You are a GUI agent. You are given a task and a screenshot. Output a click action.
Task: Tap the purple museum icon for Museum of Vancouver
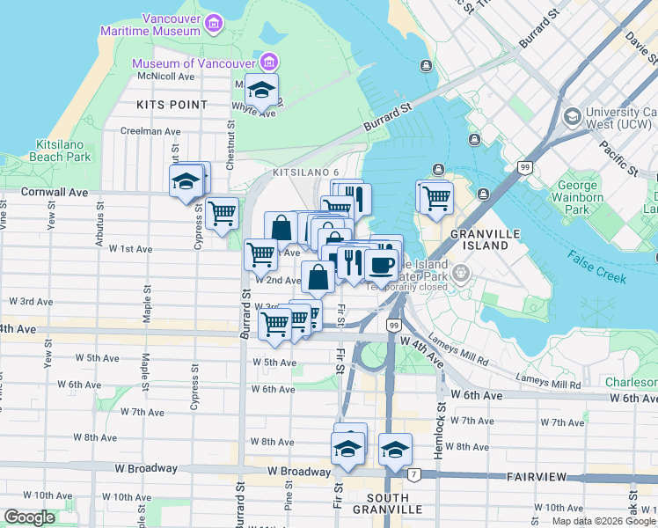click(268, 62)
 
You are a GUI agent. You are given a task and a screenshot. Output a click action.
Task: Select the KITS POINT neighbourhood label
click(172, 105)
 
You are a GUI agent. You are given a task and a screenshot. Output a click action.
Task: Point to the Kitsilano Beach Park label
click(62, 150)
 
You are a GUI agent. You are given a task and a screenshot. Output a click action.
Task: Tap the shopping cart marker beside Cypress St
click(223, 212)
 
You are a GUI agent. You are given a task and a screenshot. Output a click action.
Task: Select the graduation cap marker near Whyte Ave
click(261, 90)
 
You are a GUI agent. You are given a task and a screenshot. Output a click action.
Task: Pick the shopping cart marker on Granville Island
click(435, 197)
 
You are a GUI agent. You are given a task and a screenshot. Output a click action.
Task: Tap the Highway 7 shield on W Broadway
click(413, 475)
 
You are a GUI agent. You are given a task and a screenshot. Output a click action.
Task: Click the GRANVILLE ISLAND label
click(486, 239)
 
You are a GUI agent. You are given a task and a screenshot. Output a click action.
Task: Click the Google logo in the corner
click(29, 517)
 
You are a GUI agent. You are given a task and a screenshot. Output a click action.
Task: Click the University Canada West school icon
click(572, 116)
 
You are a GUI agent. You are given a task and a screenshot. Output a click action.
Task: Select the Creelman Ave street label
click(150, 131)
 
